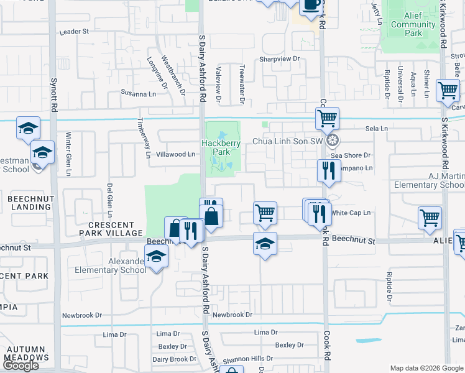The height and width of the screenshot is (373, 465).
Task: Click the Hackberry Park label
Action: tap(221, 147)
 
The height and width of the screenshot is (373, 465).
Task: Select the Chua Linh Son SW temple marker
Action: tap(333, 140)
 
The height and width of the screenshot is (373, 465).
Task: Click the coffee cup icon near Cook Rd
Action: tap(311, 5)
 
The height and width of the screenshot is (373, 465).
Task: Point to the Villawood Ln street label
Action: tap(176, 154)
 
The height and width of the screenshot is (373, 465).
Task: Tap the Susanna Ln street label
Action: tap(139, 94)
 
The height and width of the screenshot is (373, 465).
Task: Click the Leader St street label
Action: tap(75, 31)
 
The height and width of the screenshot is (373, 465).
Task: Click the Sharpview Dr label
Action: tap(280, 59)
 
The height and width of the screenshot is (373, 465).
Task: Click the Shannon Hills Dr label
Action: tap(248, 359)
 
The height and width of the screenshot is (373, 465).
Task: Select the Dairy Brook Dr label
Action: tap(170, 359)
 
